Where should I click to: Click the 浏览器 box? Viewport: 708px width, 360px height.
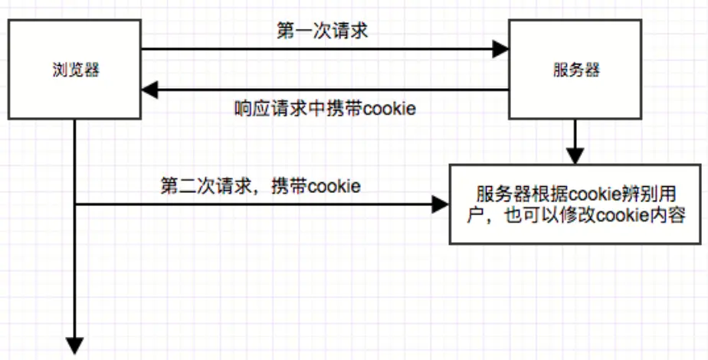pos(74,70)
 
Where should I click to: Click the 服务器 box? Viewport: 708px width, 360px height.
pos(575,70)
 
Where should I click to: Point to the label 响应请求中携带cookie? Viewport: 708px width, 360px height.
pos(324,108)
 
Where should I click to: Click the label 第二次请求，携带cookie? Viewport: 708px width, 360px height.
pos(261,186)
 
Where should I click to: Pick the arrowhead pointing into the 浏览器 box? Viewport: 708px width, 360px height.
pos(150,90)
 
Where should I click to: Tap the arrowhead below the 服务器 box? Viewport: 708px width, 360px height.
pos(575,155)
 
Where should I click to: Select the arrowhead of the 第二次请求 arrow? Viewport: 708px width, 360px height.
pos(441,205)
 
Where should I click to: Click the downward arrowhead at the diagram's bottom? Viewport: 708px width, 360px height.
pos(75,345)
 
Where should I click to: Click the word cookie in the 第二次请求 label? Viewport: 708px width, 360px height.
pos(334,186)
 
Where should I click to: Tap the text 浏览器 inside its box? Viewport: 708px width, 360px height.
pos(74,70)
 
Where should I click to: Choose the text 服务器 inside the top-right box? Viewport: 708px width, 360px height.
pos(575,70)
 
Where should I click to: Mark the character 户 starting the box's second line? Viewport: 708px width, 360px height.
pos(477,216)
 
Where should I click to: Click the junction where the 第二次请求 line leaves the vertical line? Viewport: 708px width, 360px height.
pos(75,205)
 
